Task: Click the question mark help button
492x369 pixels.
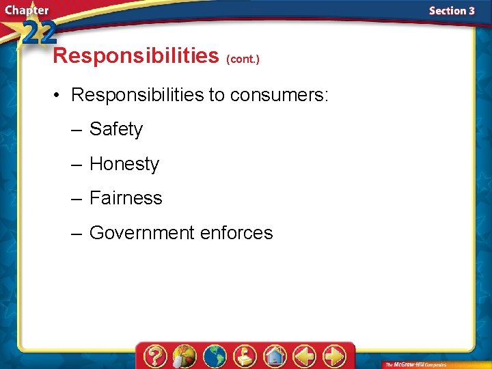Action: (156, 356)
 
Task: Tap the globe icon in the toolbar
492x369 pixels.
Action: (215, 356)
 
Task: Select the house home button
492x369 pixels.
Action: (275, 356)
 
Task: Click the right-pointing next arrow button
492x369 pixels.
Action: (334, 356)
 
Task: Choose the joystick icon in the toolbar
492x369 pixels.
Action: (245, 356)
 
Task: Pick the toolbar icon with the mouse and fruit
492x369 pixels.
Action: (184, 356)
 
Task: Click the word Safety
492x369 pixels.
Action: (116, 129)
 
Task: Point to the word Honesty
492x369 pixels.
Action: (124, 164)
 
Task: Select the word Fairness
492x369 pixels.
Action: (126, 198)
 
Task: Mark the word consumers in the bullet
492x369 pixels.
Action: (279, 94)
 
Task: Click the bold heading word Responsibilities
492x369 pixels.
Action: (135, 56)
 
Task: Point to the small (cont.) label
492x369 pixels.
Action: (243, 59)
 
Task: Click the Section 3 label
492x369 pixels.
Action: (452, 11)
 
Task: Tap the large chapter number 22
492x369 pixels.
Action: (38, 32)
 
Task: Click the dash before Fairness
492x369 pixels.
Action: (77, 198)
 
